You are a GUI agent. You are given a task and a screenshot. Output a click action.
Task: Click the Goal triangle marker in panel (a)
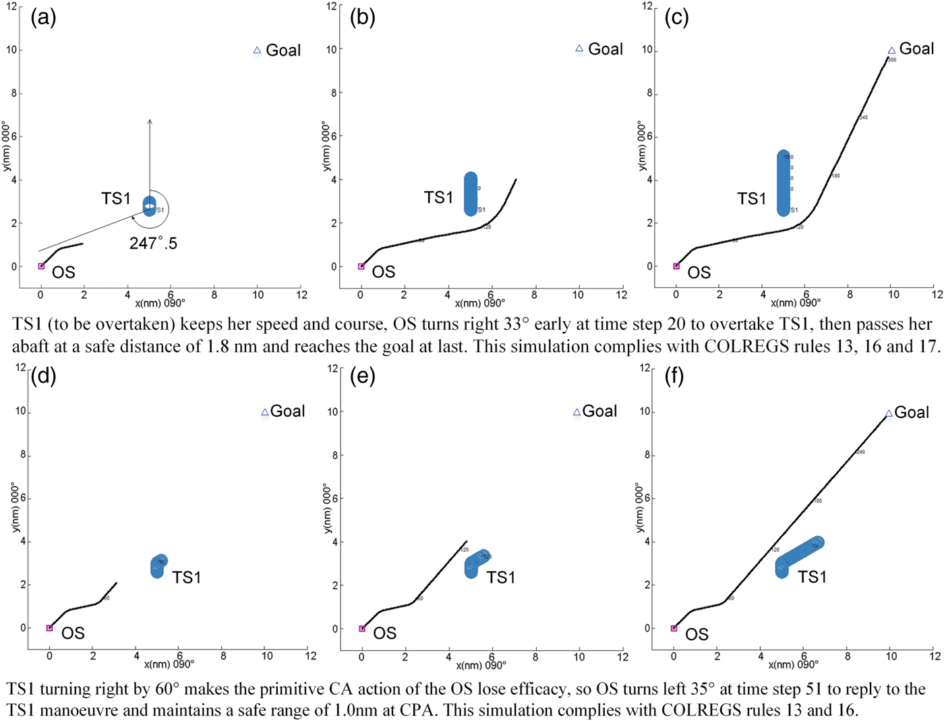coord(257,51)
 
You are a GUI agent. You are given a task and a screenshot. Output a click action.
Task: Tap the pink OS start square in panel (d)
coord(49,628)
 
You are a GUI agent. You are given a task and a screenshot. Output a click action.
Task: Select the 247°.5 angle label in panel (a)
coord(153,243)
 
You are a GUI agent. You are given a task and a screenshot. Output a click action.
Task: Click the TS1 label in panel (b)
coord(438,198)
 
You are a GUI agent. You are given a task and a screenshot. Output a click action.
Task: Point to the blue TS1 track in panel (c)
coord(783,183)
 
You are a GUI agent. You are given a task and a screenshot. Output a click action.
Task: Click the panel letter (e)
coord(363,376)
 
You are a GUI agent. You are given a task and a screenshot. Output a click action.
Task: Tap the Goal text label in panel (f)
coord(912,412)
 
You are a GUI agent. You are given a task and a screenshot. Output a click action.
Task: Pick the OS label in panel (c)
coord(699,272)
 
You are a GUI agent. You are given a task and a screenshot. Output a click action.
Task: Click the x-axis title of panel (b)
coord(479,304)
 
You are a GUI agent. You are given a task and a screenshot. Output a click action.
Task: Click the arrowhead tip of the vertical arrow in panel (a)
coord(150,120)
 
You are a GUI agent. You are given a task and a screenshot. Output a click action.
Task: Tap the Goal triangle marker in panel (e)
coord(577,412)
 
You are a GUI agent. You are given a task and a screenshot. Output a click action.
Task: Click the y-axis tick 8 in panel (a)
coord(13,93)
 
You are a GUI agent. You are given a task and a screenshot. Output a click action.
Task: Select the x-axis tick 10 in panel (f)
coord(890,656)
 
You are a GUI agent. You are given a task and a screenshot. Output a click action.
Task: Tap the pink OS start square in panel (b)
coord(361,266)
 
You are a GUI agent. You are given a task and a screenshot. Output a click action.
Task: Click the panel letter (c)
coord(676,17)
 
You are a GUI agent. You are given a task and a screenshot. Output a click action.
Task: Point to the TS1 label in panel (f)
coord(812,577)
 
